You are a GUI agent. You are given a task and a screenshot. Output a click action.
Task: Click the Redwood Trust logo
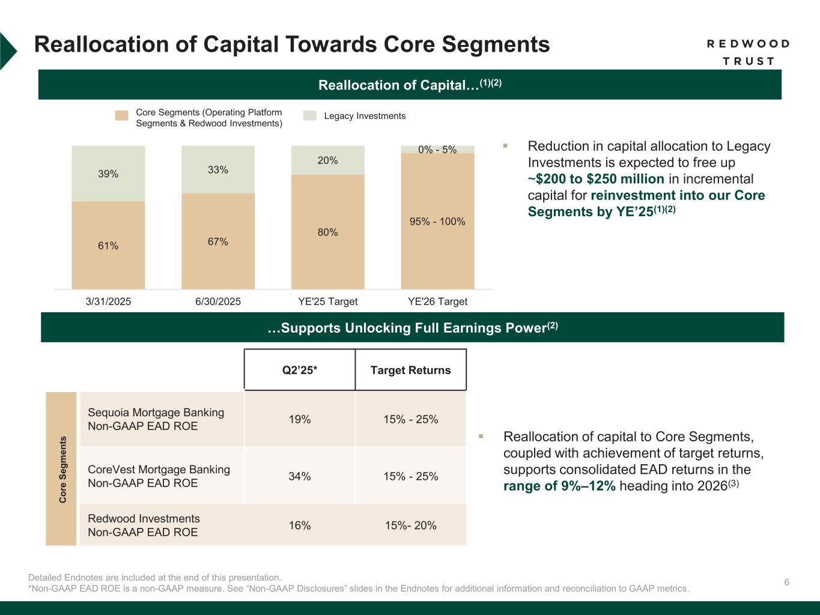click(747, 52)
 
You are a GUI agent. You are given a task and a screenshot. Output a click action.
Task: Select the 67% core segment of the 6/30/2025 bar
click(217, 241)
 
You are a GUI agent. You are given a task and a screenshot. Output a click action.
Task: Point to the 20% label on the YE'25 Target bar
click(328, 160)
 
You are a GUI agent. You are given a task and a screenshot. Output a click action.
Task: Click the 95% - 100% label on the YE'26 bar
click(437, 222)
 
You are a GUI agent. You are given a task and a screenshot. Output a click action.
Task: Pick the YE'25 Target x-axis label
click(328, 301)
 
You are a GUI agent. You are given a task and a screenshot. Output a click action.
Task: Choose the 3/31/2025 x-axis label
click(108, 301)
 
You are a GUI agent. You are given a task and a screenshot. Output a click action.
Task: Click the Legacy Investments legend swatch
click(309, 116)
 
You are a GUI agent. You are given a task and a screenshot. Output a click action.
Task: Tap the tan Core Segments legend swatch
click(122, 116)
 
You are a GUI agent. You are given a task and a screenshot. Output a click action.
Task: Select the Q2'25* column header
click(300, 370)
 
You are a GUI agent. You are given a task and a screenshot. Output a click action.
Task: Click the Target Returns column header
click(410, 370)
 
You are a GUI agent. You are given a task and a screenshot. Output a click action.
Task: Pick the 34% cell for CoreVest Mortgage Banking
click(300, 476)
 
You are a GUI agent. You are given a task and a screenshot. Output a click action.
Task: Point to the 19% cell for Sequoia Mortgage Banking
click(300, 419)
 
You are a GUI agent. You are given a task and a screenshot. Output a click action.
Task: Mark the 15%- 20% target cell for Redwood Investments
click(410, 526)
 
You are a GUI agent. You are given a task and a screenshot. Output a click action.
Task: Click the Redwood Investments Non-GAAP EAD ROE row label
click(144, 526)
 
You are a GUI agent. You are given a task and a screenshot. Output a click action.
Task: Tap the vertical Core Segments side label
click(61, 469)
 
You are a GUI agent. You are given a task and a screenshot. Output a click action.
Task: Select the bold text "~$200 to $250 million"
click(596, 179)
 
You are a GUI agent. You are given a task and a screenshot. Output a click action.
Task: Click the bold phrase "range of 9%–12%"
click(559, 486)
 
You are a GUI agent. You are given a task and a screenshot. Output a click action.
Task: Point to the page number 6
click(786, 582)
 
